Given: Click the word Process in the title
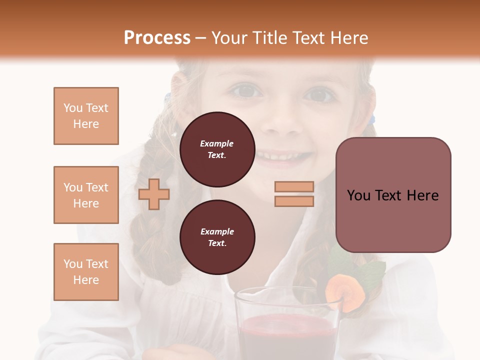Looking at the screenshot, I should (157, 38).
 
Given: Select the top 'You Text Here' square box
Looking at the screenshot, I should (86, 116).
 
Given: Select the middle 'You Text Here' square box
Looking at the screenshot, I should (86, 195).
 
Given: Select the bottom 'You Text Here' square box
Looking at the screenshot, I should (86, 271).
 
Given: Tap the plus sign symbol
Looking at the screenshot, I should (154, 194).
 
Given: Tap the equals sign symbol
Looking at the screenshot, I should (294, 194).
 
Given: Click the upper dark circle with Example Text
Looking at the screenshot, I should (217, 149).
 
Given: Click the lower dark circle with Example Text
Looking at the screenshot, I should (217, 237).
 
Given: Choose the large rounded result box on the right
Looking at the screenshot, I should (393, 195).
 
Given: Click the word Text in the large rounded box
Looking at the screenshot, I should (393, 195).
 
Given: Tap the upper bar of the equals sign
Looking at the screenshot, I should (294, 187).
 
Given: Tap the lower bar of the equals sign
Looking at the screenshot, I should (294, 201).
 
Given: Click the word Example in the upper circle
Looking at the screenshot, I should (217, 144).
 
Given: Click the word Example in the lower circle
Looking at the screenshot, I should (217, 232).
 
